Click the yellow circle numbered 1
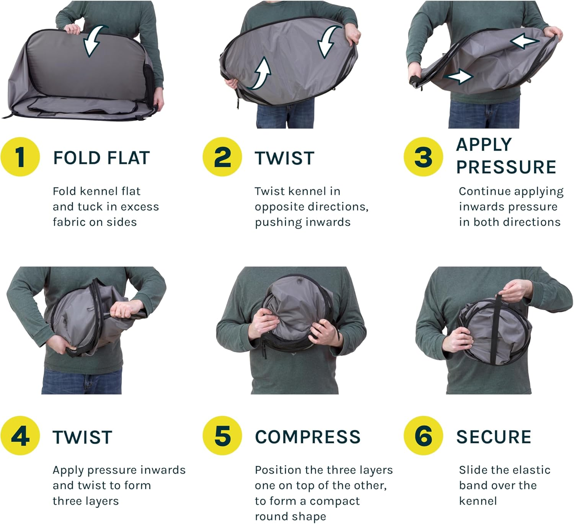20,157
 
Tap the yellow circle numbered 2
222,157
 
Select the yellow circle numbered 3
423,157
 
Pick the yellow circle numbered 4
20,436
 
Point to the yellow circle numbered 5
222,436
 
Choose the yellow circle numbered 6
423,436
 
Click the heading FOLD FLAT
101,158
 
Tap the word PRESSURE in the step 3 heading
506,167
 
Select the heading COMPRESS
308,437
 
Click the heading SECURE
494,437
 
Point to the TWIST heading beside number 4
82,437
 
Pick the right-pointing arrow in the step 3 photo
458,76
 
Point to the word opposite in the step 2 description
274,207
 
